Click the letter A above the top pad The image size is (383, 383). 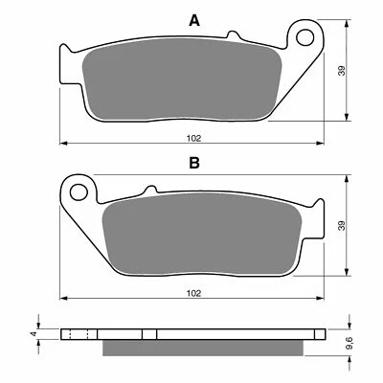click(193, 20)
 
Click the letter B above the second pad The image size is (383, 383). click(193, 164)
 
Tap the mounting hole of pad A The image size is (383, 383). click(307, 41)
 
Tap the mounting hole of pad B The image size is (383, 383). click(81, 187)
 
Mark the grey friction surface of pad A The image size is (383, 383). click(182, 84)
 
